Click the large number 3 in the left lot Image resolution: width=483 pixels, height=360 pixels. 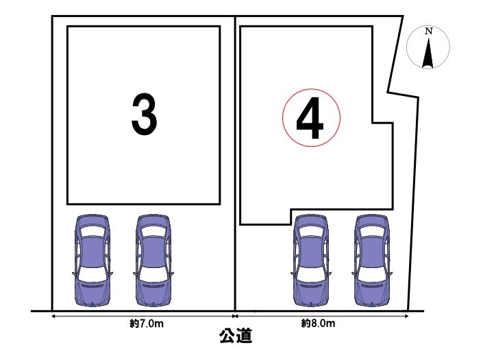click(x=144, y=114)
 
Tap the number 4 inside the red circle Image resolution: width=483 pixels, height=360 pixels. click(x=310, y=118)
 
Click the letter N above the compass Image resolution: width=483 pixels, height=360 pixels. click(x=428, y=31)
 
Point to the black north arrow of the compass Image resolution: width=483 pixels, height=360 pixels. click(x=428, y=52)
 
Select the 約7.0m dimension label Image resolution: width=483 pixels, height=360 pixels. click(x=147, y=324)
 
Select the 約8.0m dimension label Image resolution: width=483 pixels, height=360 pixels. click(x=318, y=324)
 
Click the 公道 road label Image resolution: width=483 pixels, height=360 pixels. click(x=236, y=335)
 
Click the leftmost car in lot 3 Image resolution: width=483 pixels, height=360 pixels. click(x=92, y=261)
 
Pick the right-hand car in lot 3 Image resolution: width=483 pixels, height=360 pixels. click(x=153, y=261)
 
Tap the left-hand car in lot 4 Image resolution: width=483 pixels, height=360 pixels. click(x=310, y=261)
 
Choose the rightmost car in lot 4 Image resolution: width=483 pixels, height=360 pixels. click(x=371, y=261)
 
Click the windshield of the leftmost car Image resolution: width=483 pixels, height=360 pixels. click(x=92, y=274)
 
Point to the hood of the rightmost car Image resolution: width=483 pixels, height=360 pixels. click(x=371, y=293)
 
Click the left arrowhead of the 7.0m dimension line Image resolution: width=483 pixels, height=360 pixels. click(x=53, y=316)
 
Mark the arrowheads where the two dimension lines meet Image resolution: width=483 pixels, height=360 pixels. click(x=235, y=316)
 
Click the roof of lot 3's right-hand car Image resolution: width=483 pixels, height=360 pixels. click(x=153, y=251)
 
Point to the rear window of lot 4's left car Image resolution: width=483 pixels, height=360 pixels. click(x=310, y=231)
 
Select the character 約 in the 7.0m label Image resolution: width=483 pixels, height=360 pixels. click(x=134, y=324)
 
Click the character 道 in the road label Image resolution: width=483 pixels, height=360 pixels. click(x=245, y=335)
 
